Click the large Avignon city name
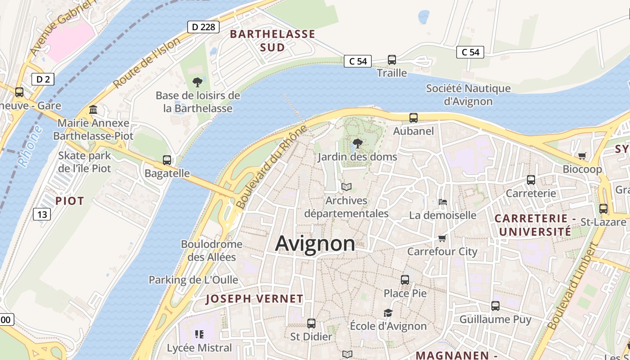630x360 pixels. point(315,243)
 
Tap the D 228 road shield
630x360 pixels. point(203,27)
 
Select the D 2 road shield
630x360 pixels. point(43,80)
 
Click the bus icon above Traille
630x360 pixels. point(392,59)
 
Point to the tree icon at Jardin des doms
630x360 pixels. point(357,144)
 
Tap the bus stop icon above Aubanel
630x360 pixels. point(414,118)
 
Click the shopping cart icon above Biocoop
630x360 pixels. point(582,156)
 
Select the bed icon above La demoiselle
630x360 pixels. point(443,202)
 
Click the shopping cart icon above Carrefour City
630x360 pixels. point(442,238)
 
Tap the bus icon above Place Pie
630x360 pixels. point(405,279)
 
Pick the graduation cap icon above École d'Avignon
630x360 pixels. point(388,313)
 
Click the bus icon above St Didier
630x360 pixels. point(311,323)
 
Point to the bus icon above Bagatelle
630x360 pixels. point(166,160)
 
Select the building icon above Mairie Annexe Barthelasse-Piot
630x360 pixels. point(93,109)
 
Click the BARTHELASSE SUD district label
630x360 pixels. point(273,40)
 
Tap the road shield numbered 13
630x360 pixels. point(42,214)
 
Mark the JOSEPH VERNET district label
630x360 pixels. point(254,299)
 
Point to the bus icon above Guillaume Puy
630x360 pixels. point(495,306)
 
